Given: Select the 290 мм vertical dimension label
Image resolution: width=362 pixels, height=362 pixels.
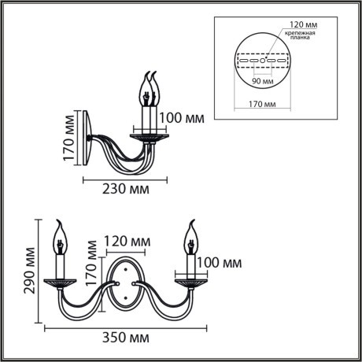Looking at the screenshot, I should point(29,271).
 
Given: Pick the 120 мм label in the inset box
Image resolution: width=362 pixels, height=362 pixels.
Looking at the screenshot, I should point(297,24).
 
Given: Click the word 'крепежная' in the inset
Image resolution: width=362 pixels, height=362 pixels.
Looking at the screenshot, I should point(300,34).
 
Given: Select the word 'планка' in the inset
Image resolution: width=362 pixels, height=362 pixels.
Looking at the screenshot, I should point(300,41).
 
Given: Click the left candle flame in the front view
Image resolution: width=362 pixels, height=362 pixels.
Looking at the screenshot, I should point(61,230).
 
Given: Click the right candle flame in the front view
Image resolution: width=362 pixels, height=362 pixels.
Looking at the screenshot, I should point(190,230).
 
